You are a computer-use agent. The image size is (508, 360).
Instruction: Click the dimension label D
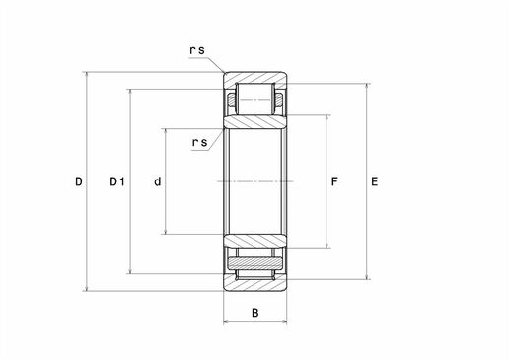tap(79, 181)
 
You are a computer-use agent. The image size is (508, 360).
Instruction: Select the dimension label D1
tap(117, 181)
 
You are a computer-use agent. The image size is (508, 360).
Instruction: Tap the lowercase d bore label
tap(158, 181)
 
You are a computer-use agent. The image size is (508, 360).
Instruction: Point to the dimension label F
tap(334, 181)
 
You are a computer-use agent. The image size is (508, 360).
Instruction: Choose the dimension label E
tap(375, 181)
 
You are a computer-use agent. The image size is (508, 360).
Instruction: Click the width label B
tap(255, 313)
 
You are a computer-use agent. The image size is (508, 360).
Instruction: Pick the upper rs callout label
tap(197, 50)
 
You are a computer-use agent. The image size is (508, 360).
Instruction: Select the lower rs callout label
tap(200, 142)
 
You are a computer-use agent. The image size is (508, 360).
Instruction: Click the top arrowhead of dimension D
tap(87, 75)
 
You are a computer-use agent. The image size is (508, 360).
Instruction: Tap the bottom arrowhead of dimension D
tap(87, 288)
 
